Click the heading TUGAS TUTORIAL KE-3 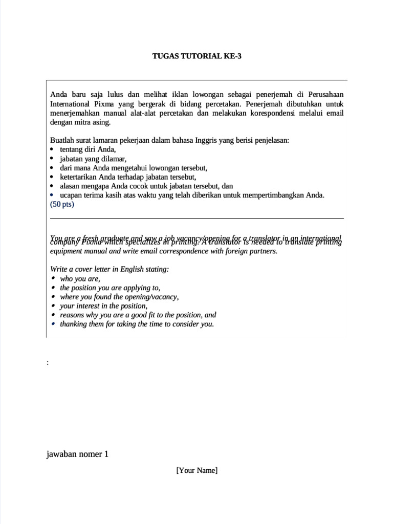click(196, 56)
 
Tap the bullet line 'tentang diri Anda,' click(88, 149)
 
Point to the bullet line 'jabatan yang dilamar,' click(93, 159)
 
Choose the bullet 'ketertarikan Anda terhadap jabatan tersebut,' click(128, 177)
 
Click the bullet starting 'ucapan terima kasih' click(192, 195)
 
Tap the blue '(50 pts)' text click(62, 204)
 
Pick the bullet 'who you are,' click(80, 279)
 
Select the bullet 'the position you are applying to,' click(110, 288)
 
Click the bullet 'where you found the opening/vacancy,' click(119, 297)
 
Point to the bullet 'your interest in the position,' click(103, 306)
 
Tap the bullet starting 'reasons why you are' click(138, 315)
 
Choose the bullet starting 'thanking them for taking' click(137, 324)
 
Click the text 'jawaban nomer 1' click(77, 454)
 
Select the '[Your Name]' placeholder click(196, 470)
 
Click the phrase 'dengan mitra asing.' click(80, 122)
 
